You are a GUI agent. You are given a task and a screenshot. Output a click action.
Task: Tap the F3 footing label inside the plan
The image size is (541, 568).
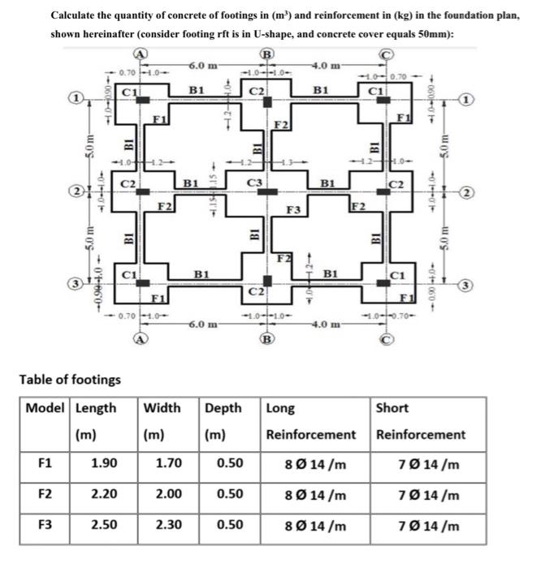(x=295, y=209)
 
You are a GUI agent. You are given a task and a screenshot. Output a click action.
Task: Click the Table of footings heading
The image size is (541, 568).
(x=70, y=379)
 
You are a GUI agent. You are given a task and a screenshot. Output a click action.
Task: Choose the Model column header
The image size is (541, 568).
(x=46, y=407)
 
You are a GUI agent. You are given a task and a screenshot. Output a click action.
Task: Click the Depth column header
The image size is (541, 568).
(x=223, y=407)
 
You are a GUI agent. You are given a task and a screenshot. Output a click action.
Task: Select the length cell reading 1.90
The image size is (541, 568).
(x=102, y=465)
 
